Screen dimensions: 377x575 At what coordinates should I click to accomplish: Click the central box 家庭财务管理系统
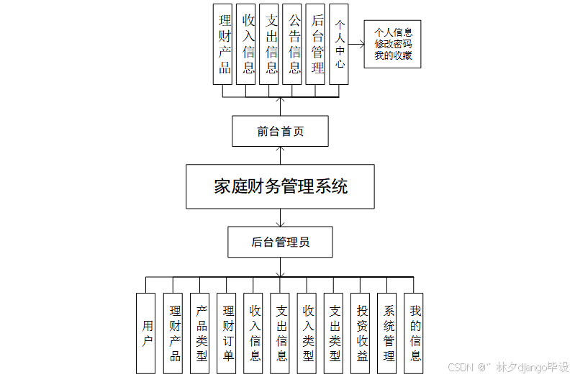coord(281,187)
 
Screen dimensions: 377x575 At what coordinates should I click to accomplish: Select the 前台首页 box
coord(281,132)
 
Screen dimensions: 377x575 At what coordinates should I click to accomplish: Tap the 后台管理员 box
coord(281,242)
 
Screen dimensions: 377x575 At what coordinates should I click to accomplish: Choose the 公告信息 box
coord(294,44)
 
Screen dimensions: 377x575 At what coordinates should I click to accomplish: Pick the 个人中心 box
coord(340,45)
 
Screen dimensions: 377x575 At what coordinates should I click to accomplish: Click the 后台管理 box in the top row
coord(317,44)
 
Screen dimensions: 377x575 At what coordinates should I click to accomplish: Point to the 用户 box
coord(146,333)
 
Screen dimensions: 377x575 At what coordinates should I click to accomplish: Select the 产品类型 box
coord(201,333)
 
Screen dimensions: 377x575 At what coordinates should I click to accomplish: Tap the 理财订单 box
coord(227,333)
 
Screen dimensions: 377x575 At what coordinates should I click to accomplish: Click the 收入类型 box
coord(308,333)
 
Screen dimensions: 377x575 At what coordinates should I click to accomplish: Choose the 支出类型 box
coord(335,333)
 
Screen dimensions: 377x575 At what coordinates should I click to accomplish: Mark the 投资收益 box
coord(361,333)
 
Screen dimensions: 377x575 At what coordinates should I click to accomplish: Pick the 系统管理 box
coord(388,333)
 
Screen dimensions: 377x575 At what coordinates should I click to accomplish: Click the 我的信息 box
coord(415,333)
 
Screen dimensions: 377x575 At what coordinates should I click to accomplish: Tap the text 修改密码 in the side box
coord(393,45)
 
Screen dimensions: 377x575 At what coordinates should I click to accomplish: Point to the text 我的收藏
coord(393,55)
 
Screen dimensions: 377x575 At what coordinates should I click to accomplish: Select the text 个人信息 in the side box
coord(393,33)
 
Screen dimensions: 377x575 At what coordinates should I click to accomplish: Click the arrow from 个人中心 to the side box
coord(357,45)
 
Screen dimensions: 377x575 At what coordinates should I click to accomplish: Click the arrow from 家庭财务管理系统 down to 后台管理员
coord(281,218)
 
